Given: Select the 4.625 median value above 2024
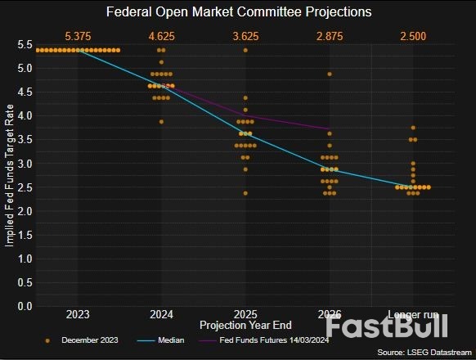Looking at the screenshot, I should pyautogui.click(x=161, y=37).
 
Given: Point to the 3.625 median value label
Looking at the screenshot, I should pyautogui.click(x=245, y=37).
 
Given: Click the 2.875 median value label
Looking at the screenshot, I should pyautogui.click(x=330, y=37).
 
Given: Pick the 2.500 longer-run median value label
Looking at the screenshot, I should pyautogui.click(x=413, y=37).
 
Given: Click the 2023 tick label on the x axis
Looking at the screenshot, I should pyautogui.click(x=78, y=314).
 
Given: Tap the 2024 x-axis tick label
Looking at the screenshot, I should pyautogui.click(x=161, y=314).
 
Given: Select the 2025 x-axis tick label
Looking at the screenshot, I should pyautogui.click(x=245, y=314).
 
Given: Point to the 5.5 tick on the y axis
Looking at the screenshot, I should pyautogui.click(x=25, y=44).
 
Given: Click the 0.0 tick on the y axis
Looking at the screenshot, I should pyautogui.click(x=25, y=306).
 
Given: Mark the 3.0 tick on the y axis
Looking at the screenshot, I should pyautogui.click(x=25, y=164).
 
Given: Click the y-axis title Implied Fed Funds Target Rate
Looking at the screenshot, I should pyautogui.click(x=9, y=174).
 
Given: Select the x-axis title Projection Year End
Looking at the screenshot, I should pyautogui.click(x=245, y=325).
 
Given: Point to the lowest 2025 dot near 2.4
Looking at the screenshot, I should pyautogui.click(x=245, y=193).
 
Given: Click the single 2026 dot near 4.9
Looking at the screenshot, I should pyautogui.click(x=330, y=74).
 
